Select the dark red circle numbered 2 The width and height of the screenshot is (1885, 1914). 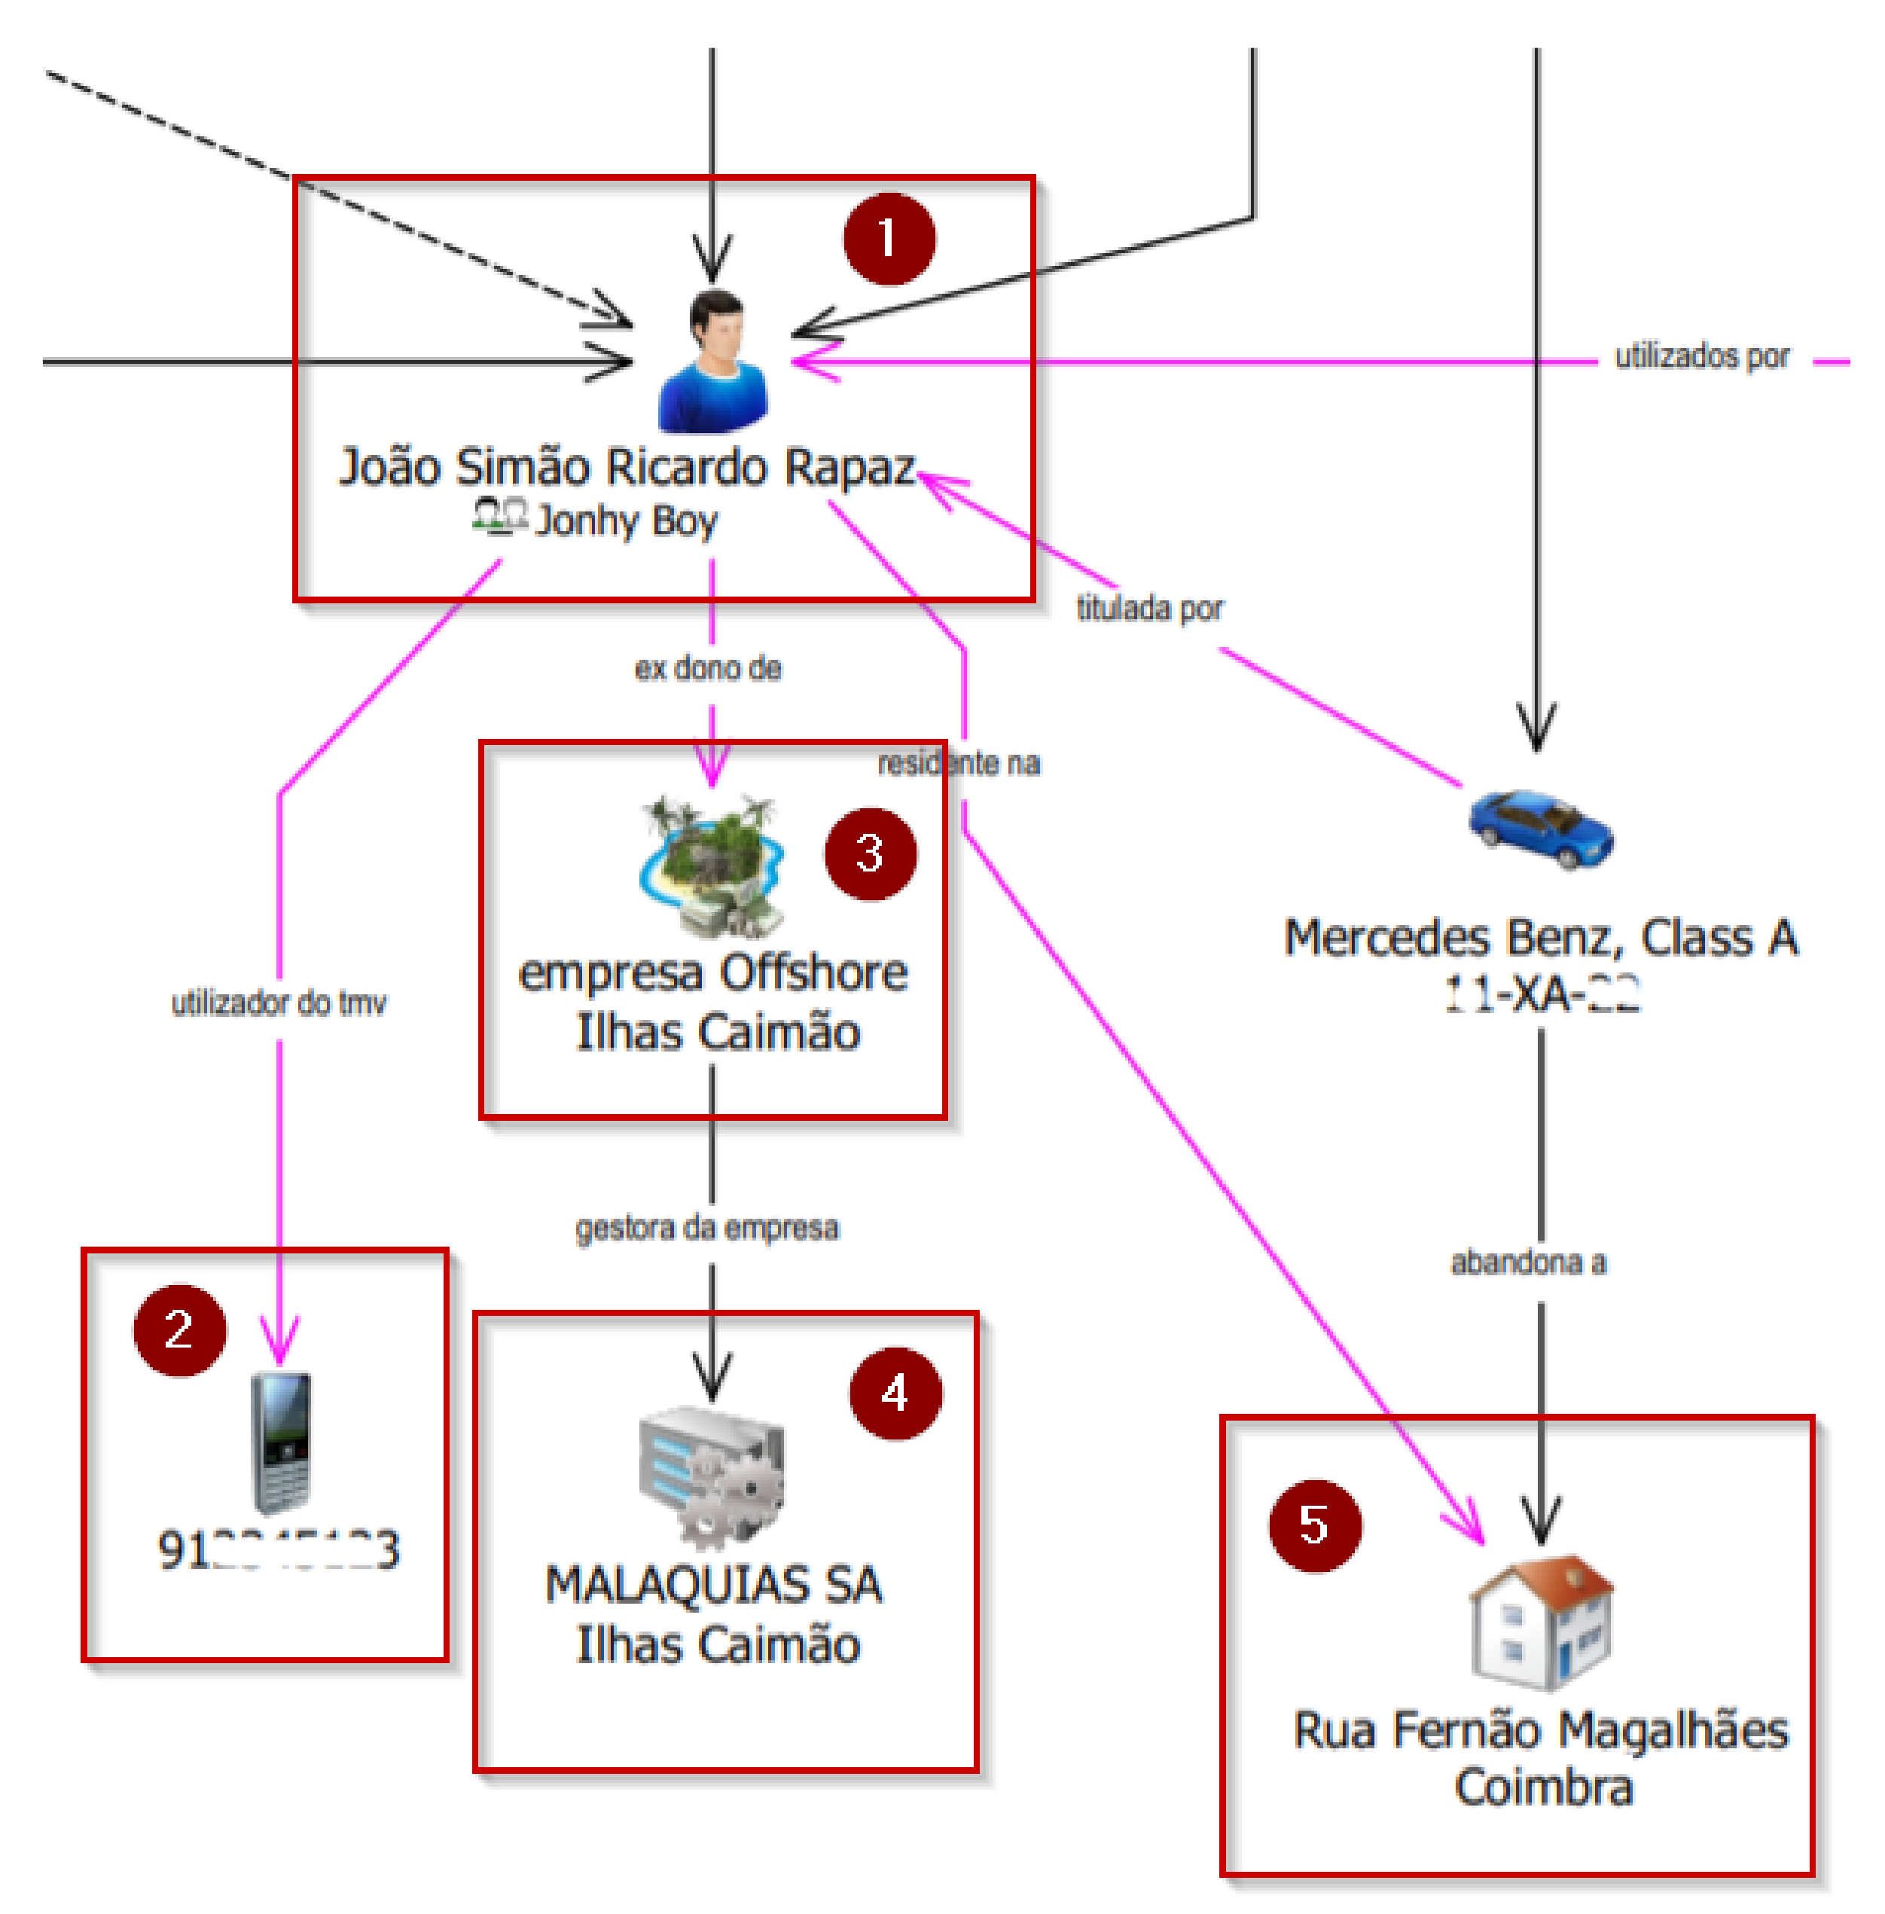pos(179,1329)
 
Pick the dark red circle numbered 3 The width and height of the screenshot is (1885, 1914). pos(871,853)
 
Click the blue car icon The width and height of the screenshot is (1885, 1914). pos(1541,828)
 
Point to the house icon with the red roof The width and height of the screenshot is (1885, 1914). pos(1541,1622)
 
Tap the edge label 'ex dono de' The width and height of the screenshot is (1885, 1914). pos(708,668)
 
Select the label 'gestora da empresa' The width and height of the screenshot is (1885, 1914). pos(707,1228)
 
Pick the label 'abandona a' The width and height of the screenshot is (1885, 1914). pos(1527,1262)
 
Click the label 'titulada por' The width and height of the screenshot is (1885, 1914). pos(1149,608)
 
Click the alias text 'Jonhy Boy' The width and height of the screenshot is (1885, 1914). pos(626,520)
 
